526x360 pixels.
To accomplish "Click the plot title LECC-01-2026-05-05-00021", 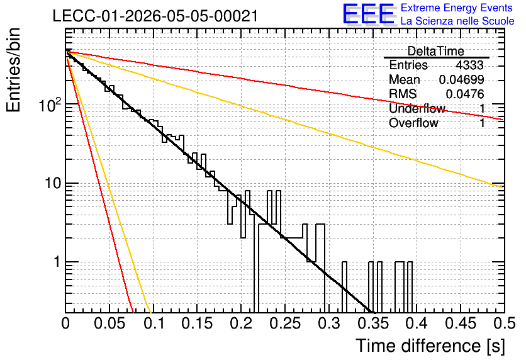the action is [x=155, y=16].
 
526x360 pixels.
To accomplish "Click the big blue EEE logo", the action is [x=368, y=14].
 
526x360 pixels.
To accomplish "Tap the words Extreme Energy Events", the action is [x=457, y=8].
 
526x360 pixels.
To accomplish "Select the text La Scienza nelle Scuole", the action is [x=457, y=21].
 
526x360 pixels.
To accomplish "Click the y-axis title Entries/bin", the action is [x=13, y=70].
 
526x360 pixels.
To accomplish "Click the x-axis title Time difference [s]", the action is [x=430, y=346].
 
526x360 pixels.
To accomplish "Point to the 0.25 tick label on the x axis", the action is [x=285, y=323].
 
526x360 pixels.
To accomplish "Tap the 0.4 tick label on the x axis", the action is [x=417, y=323].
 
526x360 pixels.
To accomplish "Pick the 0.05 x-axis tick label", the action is [x=109, y=323].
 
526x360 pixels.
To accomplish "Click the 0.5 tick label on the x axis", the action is [x=504, y=323].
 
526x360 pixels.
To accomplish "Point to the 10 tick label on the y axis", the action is [x=53, y=184].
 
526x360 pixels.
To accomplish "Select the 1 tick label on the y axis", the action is [x=57, y=262].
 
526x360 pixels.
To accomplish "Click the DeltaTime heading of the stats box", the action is [x=436, y=51].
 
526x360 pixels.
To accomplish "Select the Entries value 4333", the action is [x=469, y=65].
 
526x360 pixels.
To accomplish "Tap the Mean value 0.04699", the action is [x=462, y=79].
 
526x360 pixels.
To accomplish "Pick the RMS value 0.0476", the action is [x=465, y=94].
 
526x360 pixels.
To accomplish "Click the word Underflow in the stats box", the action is [x=417, y=108].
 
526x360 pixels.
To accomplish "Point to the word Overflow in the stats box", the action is [x=413, y=123].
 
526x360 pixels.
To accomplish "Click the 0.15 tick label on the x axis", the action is [x=198, y=323].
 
